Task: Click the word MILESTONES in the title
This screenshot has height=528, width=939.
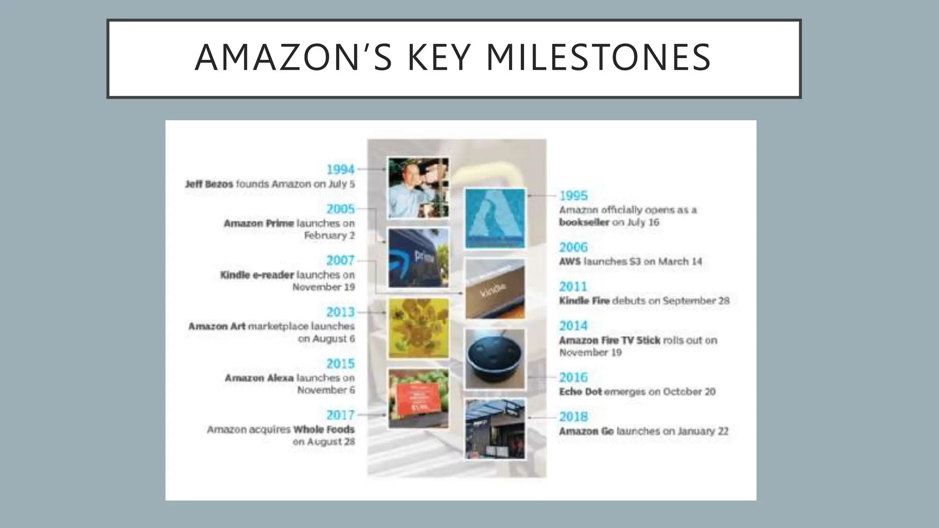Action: (598, 58)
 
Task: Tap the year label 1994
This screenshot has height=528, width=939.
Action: (340, 170)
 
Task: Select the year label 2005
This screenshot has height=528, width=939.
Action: (340, 209)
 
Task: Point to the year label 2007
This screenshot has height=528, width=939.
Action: (340, 260)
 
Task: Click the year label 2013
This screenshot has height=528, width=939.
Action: (340, 312)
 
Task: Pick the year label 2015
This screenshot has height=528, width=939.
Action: (340, 363)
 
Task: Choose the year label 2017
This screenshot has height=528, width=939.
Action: (340, 415)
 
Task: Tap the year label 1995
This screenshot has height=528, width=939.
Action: (573, 196)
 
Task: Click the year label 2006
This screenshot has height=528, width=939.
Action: (573, 247)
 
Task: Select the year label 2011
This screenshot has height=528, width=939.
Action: (573, 287)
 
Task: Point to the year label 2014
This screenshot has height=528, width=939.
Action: (573, 326)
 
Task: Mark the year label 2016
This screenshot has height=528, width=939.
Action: (573, 378)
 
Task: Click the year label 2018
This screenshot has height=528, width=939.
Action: (573, 417)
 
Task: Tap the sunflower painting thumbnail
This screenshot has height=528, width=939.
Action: (418, 328)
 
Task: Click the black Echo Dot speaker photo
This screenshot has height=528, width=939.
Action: (495, 359)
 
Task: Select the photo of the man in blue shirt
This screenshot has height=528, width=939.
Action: (418, 188)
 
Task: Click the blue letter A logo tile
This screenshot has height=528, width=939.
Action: (495, 219)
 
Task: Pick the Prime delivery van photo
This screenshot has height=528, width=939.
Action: (418, 258)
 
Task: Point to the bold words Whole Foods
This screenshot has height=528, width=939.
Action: (324, 429)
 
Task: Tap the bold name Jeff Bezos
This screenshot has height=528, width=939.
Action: (209, 184)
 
